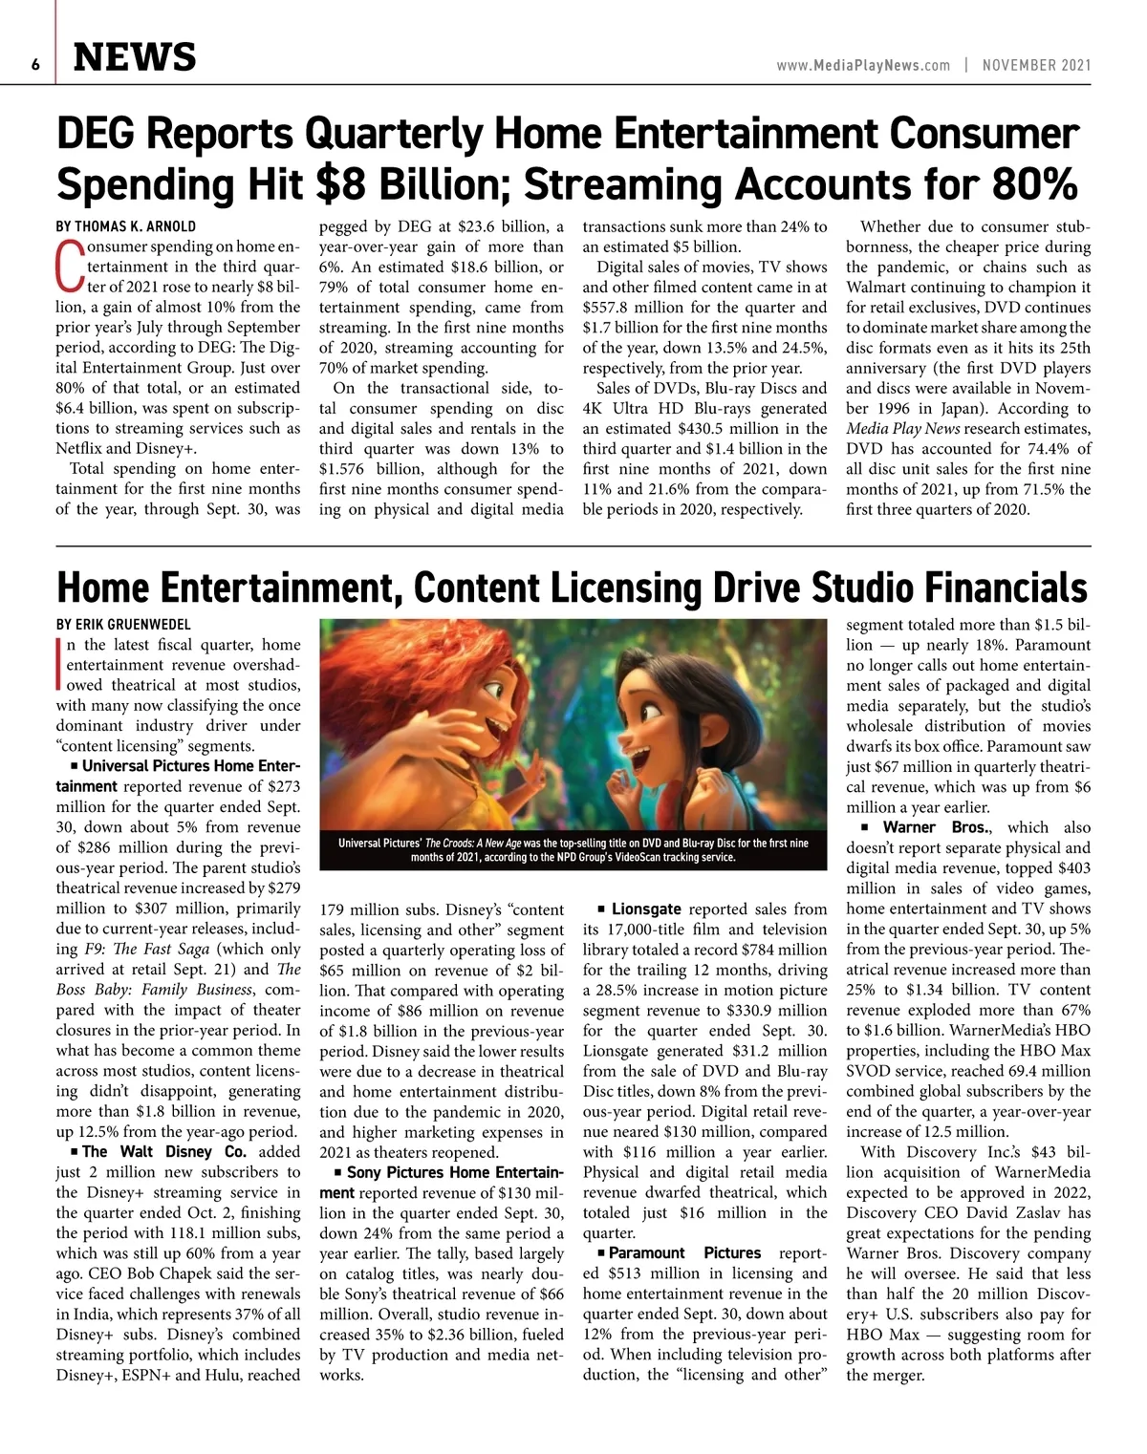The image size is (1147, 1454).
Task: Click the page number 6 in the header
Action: click(34, 64)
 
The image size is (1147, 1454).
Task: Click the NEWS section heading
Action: click(135, 58)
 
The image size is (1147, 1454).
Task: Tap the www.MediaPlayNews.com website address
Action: click(863, 65)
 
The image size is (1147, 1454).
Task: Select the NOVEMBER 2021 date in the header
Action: click(1036, 65)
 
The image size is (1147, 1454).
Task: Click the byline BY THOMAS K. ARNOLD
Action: click(126, 227)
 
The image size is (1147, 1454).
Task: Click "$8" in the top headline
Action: click(349, 184)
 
